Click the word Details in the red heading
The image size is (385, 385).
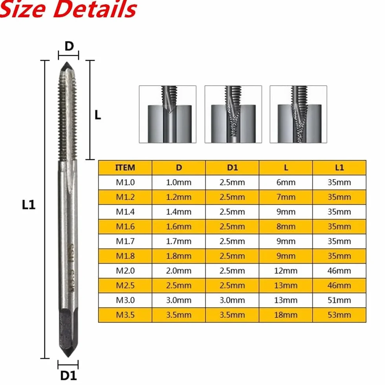[95, 9]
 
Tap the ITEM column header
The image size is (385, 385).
[125, 168]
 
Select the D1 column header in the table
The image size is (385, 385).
[232, 168]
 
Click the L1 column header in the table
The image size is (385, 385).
[339, 168]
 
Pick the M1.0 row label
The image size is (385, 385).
[125, 182]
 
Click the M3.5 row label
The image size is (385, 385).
[125, 315]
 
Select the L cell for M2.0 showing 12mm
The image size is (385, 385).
[286, 271]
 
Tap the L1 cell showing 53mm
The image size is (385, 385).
[339, 315]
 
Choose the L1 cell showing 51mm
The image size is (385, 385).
[339, 300]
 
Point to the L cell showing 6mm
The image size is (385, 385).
[286, 182]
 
